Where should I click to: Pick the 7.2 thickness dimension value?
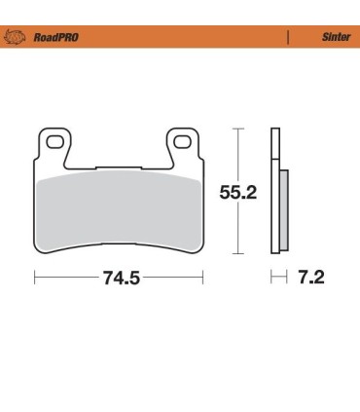point(312,279)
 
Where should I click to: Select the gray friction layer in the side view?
point(284,209)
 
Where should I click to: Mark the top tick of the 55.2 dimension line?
point(237,128)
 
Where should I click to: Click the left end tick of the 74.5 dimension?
point(35,279)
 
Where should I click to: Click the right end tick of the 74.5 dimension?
point(203,279)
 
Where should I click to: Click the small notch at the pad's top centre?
point(119,163)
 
